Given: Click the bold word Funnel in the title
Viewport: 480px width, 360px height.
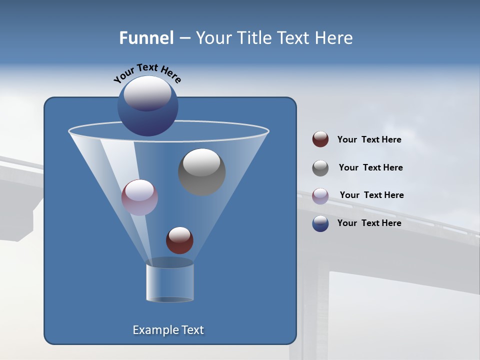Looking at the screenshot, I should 146,38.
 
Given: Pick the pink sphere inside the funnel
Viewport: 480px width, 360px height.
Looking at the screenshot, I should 139,197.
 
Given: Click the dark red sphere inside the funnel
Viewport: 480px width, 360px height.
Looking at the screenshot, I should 179,240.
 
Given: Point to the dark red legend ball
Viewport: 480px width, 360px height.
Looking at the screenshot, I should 320,139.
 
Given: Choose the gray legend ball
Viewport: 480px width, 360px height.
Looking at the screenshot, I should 320,168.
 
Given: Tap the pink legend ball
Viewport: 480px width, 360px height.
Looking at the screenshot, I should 320,196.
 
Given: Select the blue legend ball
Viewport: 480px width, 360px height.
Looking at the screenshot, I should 320,223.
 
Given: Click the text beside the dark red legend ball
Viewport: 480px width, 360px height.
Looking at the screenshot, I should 369,139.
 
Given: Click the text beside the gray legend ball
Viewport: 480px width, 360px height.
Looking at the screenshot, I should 370,167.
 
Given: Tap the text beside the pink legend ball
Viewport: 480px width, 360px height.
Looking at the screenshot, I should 371,195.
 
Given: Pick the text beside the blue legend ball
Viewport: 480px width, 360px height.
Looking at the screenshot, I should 369,223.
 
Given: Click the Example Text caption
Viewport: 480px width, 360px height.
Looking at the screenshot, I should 168,330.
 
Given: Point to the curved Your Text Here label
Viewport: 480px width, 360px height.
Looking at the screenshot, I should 147,73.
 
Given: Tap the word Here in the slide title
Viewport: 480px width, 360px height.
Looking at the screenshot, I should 334,38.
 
